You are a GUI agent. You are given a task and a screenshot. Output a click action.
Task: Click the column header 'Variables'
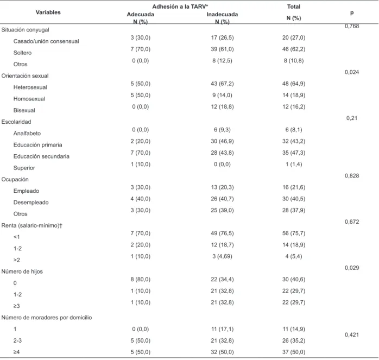click(48, 12)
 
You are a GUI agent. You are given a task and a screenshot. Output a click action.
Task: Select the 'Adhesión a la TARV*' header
click(180, 7)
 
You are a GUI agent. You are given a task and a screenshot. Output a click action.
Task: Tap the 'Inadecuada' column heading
click(222, 14)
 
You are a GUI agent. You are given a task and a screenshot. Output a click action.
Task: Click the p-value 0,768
click(352, 26)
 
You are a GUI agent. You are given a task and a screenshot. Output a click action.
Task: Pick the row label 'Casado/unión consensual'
click(46, 41)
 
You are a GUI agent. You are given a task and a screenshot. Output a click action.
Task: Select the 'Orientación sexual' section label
click(25, 75)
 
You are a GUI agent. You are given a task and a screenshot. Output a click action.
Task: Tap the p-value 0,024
click(352, 72)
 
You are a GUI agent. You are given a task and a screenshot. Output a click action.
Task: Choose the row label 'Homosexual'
click(29, 99)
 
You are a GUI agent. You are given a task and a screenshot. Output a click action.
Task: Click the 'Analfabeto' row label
click(27, 133)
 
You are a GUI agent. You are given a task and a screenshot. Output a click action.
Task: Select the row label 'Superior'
click(24, 168)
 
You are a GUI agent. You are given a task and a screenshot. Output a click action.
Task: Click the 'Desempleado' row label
click(31, 203)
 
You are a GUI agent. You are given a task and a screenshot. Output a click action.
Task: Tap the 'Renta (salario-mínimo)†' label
click(32, 225)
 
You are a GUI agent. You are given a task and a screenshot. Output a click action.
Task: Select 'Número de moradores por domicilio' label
click(47, 318)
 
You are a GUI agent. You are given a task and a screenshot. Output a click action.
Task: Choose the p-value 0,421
click(352, 334)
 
